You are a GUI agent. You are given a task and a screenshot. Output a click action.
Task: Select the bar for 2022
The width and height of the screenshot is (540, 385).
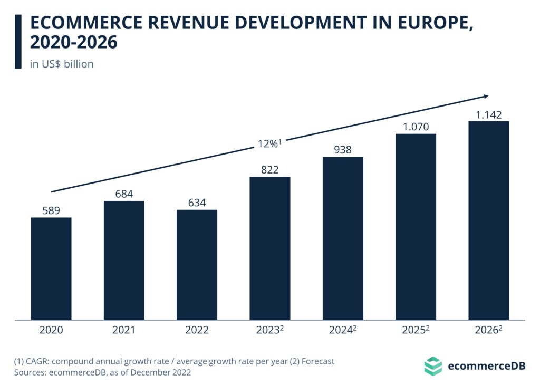coord(197,264)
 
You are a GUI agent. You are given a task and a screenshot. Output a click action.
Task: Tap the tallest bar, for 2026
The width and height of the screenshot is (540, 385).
coord(489,220)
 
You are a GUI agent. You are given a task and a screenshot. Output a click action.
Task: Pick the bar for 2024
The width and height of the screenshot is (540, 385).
coord(343,238)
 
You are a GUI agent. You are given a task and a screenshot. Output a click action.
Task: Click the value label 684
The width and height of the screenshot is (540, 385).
coord(124,194)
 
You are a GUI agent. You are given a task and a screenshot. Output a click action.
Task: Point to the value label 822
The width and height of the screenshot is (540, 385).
coord(269,170)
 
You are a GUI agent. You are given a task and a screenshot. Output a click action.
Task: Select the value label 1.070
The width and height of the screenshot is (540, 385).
coord(416,127)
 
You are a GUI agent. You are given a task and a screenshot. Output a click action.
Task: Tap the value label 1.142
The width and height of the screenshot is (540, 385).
coord(488,114)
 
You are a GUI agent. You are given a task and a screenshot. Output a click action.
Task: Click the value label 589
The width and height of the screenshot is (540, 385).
coord(51,210)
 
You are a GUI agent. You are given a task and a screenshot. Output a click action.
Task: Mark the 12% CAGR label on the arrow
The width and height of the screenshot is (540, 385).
coord(269,143)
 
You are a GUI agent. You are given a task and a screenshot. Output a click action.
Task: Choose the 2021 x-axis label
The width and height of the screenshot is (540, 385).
coord(124,331)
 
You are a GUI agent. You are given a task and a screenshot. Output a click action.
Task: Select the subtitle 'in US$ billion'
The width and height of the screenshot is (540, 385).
coord(62,64)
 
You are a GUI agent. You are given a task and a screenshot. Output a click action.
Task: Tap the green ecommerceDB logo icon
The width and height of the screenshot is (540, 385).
coord(433,365)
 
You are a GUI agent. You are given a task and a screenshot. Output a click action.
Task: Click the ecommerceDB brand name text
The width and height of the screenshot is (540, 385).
coord(486,365)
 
